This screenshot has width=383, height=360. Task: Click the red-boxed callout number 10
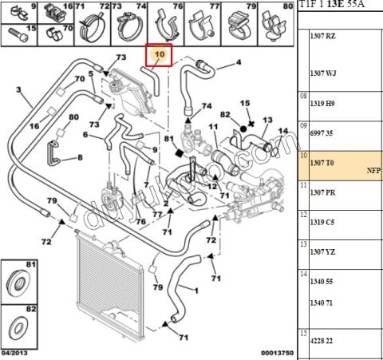click(x=158, y=55)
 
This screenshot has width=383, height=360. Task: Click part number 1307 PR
click(x=325, y=192)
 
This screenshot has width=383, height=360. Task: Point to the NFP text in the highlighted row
click(x=373, y=171)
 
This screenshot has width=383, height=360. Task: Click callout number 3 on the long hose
click(x=19, y=90)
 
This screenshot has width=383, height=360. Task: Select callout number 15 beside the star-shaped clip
click(x=246, y=103)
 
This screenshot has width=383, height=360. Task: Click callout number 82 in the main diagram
click(x=226, y=114)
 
